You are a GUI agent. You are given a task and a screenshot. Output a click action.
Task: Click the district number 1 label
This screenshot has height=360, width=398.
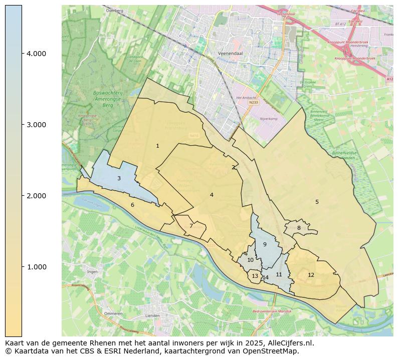[157, 146]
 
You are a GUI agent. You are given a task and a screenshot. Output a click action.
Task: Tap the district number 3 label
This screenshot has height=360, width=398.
[119, 179]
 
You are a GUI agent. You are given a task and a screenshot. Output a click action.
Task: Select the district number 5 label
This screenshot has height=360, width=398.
[317, 202]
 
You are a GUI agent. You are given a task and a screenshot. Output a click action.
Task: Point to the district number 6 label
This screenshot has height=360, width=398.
[132, 205]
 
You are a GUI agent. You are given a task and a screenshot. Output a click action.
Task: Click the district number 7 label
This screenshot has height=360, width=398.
[191, 226]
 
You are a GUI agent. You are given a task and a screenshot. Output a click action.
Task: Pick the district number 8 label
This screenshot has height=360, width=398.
[299, 228]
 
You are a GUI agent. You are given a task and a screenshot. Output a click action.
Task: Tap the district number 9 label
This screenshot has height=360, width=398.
[265, 245]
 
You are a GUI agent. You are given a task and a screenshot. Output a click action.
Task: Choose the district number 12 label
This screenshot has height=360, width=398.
[311, 275]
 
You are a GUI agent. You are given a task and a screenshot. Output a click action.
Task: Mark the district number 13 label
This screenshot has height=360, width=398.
[255, 276]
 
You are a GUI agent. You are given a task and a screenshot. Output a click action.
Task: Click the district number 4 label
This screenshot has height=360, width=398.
[212, 195]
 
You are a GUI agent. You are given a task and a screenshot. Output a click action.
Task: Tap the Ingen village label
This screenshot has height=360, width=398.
[92, 272]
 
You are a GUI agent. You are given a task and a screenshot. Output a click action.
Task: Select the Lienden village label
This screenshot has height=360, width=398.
[152, 316]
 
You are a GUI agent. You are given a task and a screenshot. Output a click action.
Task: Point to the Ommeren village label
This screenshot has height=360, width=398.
[113, 313]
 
